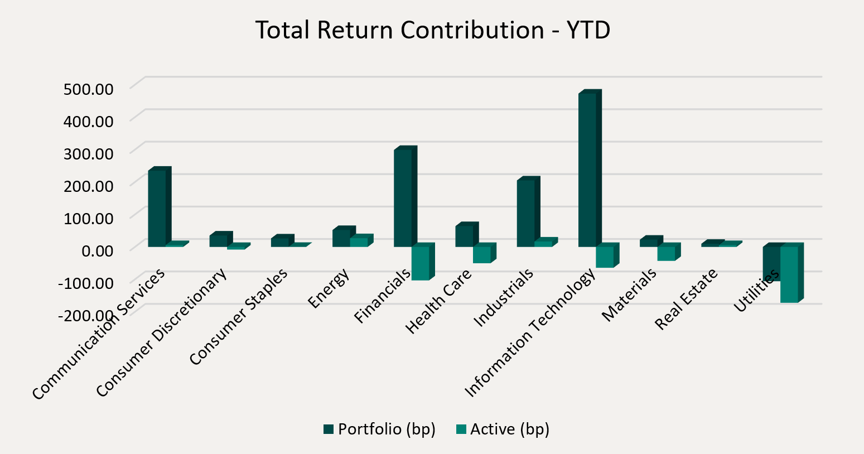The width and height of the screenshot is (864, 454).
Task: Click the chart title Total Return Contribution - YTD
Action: [433, 30]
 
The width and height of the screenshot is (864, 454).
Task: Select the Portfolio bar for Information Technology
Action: [587, 170]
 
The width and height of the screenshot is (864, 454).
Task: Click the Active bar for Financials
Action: [420, 263]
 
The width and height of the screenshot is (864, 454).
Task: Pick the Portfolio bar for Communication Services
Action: [157, 208]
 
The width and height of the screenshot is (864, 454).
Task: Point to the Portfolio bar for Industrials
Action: [525, 213]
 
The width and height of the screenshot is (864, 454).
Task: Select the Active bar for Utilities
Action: [789, 274]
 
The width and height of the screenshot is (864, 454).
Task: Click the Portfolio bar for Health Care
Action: [464, 236]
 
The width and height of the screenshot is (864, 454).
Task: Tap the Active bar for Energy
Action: [359, 242]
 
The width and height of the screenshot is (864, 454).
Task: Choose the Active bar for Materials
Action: [666, 253]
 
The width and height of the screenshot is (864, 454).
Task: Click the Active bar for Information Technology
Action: [605, 257]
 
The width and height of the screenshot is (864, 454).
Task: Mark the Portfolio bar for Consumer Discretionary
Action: [218, 240]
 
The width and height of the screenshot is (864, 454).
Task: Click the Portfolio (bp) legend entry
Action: [379, 429]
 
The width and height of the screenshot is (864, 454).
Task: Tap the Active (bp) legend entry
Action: [503, 429]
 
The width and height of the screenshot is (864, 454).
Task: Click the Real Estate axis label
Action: [686, 300]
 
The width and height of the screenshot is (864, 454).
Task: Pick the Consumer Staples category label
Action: [239, 317]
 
